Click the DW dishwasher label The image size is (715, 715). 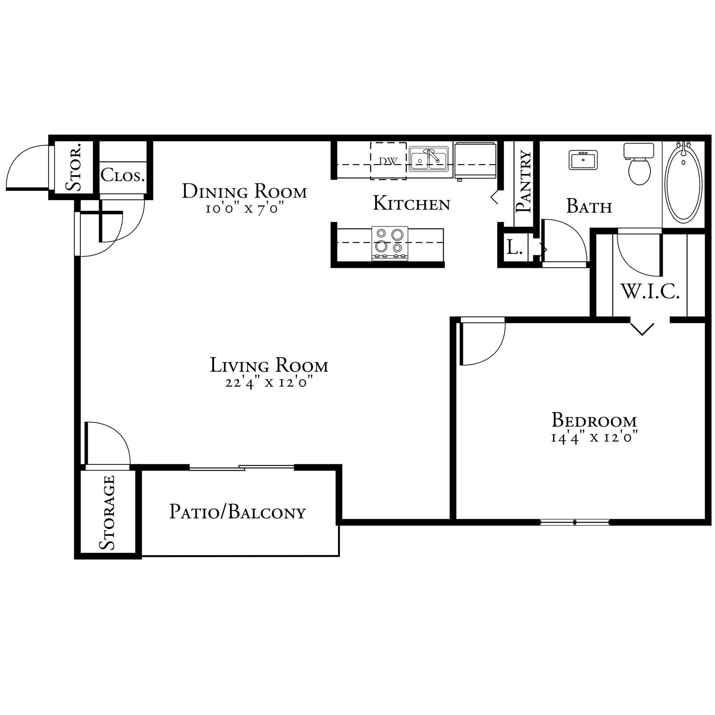click(388, 161)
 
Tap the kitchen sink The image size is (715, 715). click(429, 159)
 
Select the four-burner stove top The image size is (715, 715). click(390, 243)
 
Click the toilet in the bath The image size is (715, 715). click(639, 164)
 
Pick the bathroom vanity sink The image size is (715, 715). click(583, 160)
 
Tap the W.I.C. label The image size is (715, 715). click(650, 292)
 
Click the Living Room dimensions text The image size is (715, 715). click(269, 382)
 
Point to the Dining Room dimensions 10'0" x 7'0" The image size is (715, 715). click(245, 209)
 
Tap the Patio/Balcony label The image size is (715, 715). click(238, 512)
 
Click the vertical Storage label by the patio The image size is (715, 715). click(107, 513)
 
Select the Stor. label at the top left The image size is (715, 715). click(73, 167)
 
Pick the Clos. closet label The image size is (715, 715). click(123, 175)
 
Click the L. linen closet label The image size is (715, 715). click(514, 247)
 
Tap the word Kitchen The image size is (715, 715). click(411, 203)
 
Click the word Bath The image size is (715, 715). click(589, 206)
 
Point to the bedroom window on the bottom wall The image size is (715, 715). click(575, 523)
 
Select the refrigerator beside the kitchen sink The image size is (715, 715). click(475, 160)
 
